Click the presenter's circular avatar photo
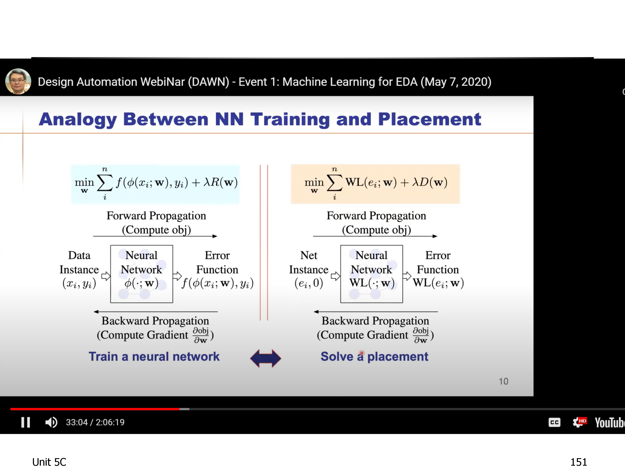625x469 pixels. tap(18, 82)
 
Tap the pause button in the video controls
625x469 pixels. tap(26, 422)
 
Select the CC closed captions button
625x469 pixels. tap(554, 422)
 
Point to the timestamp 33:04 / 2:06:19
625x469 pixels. tap(95, 422)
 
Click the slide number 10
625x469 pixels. tap(504, 381)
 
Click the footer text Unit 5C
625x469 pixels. tap(49, 462)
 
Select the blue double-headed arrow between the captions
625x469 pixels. tap(266, 358)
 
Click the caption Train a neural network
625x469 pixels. tap(154, 356)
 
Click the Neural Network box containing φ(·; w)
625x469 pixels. tap(141, 274)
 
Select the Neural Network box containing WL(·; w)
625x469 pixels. tap(371, 274)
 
